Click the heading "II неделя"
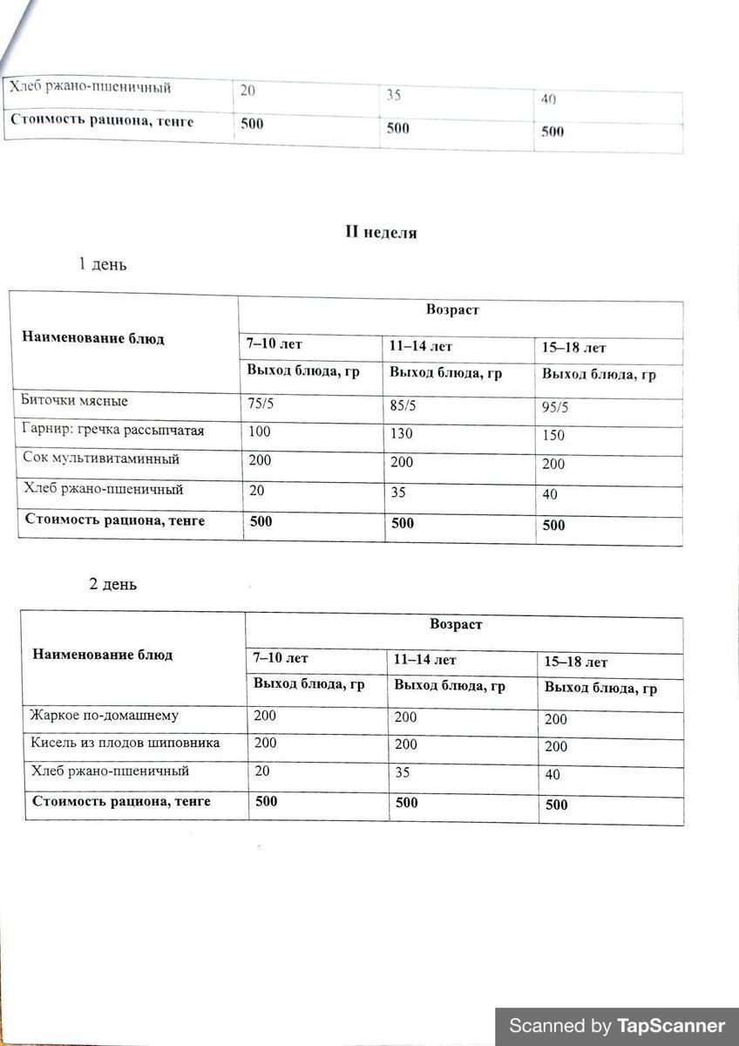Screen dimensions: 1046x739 381,233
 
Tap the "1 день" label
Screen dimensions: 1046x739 102,264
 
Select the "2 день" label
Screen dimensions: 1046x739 112,584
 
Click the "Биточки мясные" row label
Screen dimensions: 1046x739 75,401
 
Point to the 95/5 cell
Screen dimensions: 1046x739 555,407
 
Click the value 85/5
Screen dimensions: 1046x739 403,404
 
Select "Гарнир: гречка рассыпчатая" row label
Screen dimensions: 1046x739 112,430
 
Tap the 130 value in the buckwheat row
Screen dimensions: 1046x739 402,433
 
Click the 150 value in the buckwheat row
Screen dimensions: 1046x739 553,435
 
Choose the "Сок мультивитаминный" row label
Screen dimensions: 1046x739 101,458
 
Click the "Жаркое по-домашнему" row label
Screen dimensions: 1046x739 104,716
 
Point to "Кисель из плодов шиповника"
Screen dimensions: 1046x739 125,744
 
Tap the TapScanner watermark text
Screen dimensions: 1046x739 616,1026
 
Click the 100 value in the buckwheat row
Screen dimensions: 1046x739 259,431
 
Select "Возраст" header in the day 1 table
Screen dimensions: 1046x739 452,309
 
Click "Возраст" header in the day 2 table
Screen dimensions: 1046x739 456,624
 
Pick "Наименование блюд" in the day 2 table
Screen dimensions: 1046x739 102,655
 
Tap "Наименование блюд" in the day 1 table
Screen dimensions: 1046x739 92,338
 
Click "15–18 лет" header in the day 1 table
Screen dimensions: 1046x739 573,348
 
